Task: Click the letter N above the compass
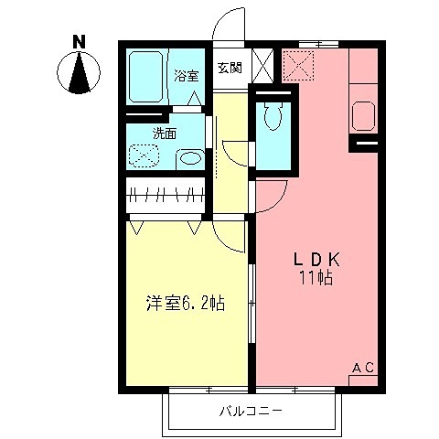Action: point(80,41)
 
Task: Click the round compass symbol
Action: point(80,72)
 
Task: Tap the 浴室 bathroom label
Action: point(186,75)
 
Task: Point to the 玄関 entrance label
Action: point(230,67)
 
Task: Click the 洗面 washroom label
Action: point(165,133)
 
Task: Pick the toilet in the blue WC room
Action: point(273,117)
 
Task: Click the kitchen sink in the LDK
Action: point(363,116)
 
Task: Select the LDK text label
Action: point(314,259)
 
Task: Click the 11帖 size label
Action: point(314,277)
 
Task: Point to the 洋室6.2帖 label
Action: point(185,304)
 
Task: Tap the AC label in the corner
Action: point(363,368)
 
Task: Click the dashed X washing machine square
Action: point(143,155)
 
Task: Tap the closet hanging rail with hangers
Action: point(166,194)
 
